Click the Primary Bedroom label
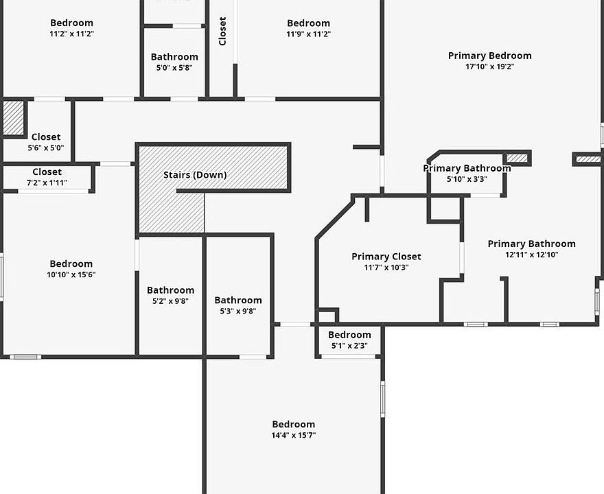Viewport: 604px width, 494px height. (x=489, y=56)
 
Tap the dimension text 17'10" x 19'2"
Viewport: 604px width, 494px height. (x=489, y=67)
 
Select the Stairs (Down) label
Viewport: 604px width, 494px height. (x=195, y=175)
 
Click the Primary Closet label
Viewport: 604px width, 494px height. (x=386, y=257)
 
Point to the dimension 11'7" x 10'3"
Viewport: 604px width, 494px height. (x=386, y=268)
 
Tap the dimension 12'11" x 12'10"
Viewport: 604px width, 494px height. (x=531, y=255)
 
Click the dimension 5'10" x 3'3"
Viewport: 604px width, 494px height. (x=467, y=179)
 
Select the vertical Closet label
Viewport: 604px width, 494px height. (x=222, y=31)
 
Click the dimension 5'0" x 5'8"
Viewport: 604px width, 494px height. (x=174, y=68)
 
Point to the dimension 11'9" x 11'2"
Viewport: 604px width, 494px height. (x=308, y=34)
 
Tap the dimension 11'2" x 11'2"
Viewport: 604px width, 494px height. (x=71, y=34)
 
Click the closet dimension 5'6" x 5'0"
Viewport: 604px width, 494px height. (x=46, y=148)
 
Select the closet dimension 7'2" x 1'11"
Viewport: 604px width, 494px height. (x=47, y=183)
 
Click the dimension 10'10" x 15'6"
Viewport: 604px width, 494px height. (x=71, y=274)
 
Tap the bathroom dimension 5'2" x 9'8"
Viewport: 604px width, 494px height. (x=170, y=301)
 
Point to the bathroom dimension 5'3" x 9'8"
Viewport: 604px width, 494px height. (x=238, y=311)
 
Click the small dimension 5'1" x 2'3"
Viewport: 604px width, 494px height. (x=349, y=346)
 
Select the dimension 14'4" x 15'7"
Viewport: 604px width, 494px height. (x=293, y=435)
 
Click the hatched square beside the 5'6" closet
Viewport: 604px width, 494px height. (x=13, y=118)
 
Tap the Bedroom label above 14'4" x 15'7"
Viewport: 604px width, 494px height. (x=293, y=424)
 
